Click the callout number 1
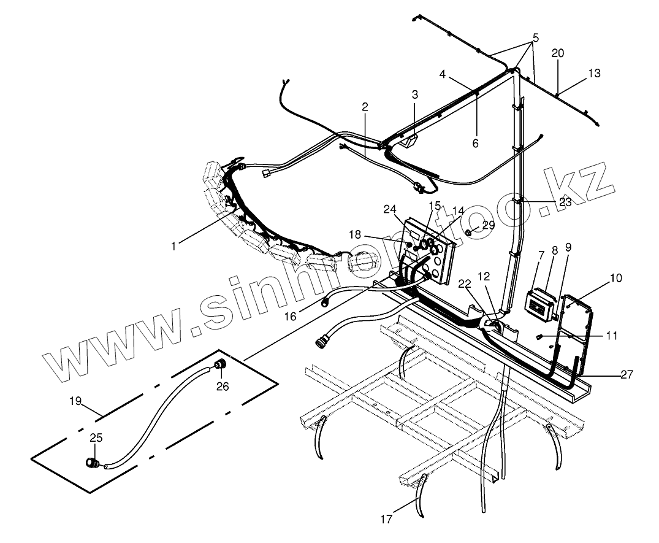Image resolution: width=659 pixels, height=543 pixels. coord(174,246)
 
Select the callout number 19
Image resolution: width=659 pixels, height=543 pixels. coord(75,401)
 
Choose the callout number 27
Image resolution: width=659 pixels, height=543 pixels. coord(627,374)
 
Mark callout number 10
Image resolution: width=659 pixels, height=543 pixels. coord(616,278)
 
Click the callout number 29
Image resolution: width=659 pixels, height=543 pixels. coord(489,225)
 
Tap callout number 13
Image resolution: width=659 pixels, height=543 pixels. coord(594,73)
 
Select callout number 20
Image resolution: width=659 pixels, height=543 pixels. coord(557,53)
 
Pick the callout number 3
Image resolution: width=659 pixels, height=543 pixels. coord(415,94)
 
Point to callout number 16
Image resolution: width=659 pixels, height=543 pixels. coord(291,315)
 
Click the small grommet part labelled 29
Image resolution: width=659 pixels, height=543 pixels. coord(468,233)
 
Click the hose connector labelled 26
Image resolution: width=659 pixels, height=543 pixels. coord(218,366)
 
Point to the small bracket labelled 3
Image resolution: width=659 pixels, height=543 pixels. coord(409,141)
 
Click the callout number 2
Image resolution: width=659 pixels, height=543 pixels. coord(365,107)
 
